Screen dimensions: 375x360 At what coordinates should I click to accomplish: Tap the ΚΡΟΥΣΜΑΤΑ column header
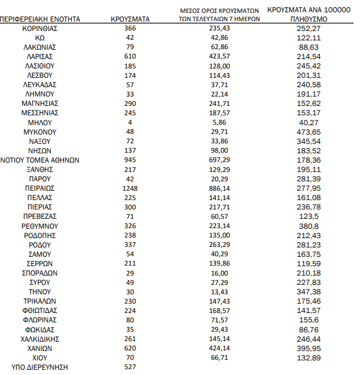(x=130, y=19)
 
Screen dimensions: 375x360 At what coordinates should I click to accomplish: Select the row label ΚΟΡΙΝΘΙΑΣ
(x=40, y=28)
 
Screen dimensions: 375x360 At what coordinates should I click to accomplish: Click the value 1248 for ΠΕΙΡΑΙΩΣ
(x=130, y=188)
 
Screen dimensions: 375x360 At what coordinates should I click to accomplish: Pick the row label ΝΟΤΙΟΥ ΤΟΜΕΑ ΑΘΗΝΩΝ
(x=40, y=160)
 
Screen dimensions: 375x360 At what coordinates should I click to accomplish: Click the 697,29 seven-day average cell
(x=220, y=160)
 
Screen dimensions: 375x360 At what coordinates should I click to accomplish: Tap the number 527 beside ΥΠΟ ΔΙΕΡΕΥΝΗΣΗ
(x=130, y=367)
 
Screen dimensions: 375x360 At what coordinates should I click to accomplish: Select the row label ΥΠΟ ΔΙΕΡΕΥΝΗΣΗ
(x=40, y=367)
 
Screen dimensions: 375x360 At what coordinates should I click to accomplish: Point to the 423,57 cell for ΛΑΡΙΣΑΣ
(x=220, y=56)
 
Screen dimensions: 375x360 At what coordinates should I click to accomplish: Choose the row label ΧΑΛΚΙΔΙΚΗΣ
(x=40, y=339)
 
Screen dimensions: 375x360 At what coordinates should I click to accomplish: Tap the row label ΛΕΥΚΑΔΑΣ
(x=40, y=85)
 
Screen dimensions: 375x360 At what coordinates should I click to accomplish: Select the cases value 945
(x=130, y=160)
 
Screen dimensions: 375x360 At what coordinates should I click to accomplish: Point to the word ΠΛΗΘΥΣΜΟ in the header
(x=308, y=19)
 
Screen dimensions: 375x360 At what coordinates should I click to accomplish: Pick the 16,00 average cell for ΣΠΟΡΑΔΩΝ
(x=220, y=273)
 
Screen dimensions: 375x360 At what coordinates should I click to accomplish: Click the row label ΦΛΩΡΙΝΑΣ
(x=40, y=320)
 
